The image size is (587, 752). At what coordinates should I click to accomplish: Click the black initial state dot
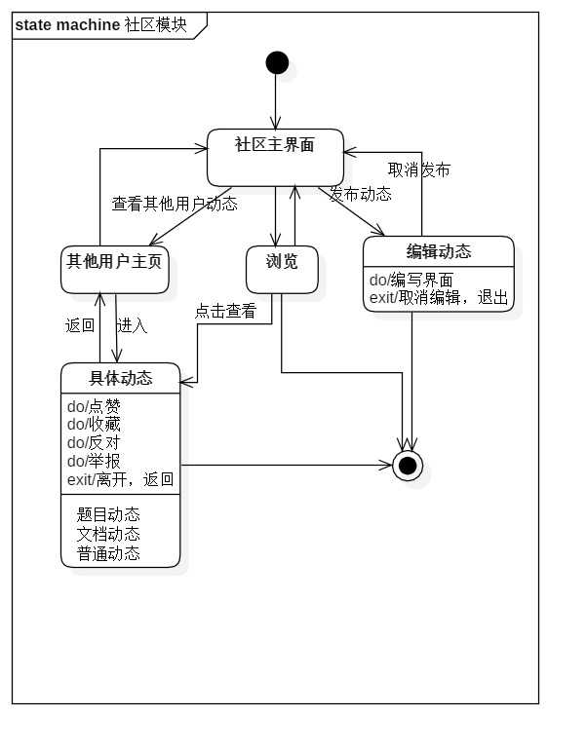[x=277, y=62]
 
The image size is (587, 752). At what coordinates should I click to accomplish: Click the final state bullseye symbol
[x=408, y=466]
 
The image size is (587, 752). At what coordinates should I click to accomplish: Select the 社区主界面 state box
[x=275, y=156]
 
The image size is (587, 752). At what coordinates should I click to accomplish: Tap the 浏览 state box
[x=282, y=269]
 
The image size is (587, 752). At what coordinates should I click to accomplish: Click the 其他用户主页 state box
[x=114, y=270]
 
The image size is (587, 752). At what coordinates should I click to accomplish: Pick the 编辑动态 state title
[x=438, y=251]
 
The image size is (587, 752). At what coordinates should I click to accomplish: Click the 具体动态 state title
[x=120, y=378]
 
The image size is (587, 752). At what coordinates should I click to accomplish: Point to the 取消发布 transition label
[x=418, y=169]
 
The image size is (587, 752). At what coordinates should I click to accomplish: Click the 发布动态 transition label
[x=360, y=194]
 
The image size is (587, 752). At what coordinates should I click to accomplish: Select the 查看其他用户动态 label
[x=175, y=205]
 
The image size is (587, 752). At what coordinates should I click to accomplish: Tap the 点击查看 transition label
[x=225, y=312]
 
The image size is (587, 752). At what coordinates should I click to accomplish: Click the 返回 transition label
[x=80, y=325]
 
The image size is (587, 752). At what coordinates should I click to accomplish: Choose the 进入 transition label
[x=132, y=325]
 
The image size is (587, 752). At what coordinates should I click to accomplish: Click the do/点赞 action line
[x=94, y=406]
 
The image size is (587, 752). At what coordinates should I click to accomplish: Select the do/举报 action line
[x=94, y=460]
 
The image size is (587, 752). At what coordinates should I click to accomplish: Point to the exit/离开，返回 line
[x=120, y=478]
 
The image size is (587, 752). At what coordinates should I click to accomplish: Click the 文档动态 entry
[x=108, y=534]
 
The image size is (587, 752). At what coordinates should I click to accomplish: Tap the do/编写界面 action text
[x=411, y=280]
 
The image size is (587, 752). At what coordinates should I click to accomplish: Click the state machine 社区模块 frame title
[x=100, y=25]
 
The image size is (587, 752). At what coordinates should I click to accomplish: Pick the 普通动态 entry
[x=108, y=553]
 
